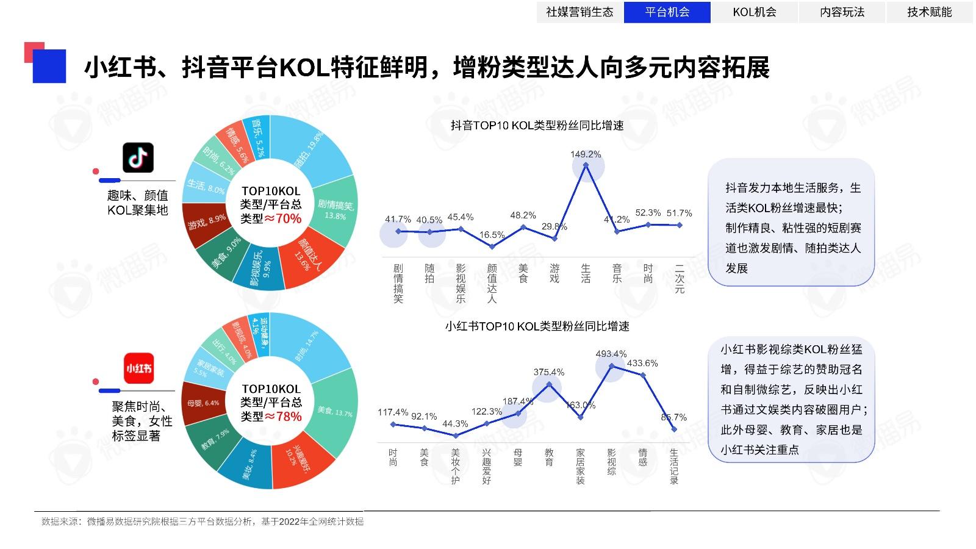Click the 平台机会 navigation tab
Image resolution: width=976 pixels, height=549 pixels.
pyautogui.click(x=667, y=12)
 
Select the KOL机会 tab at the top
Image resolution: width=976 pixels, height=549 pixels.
pyautogui.click(x=755, y=12)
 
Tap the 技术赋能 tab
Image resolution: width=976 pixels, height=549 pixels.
pyautogui.click(x=929, y=12)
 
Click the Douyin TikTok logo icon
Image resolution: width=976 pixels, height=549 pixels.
pyautogui.click(x=138, y=158)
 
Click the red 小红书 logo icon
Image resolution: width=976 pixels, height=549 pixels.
pyautogui.click(x=138, y=368)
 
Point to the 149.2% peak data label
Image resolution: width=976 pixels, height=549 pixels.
pyautogui.click(x=586, y=154)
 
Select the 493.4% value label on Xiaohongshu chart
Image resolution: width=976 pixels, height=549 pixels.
pyautogui.click(x=611, y=354)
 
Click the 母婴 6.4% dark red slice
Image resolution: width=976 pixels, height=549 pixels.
pyautogui.click(x=203, y=403)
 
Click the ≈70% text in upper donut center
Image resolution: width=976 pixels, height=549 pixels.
pyautogui.click(x=282, y=218)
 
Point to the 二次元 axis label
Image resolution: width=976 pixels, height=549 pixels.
pyautogui.click(x=680, y=279)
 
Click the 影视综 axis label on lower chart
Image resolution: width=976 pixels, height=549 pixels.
pyautogui.click(x=612, y=462)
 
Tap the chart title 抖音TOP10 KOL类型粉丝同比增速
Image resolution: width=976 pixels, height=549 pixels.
pyautogui.click(x=537, y=126)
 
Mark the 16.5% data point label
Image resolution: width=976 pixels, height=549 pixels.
pyautogui.click(x=492, y=235)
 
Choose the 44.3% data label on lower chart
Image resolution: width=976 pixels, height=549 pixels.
pyautogui.click(x=455, y=424)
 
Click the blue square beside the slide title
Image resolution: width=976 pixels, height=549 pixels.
pyautogui.click(x=49, y=66)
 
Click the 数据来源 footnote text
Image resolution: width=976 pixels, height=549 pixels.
pyautogui.click(x=202, y=522)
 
